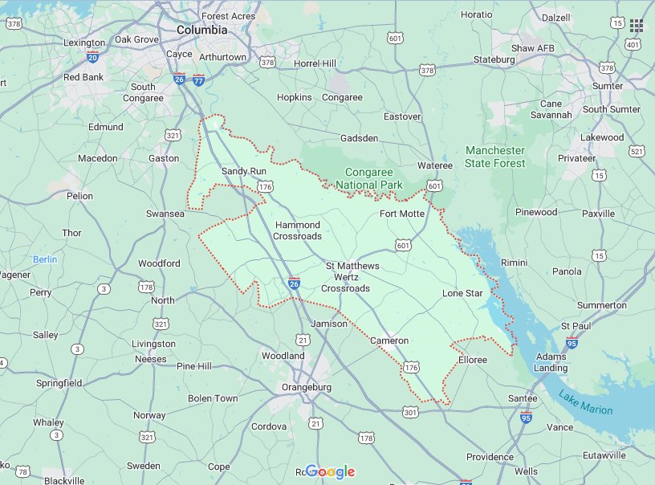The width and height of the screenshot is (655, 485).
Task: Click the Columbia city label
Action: point(201,30)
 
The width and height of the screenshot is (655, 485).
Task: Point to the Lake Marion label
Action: point(586,402)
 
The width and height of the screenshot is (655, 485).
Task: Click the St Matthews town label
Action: point(352,266)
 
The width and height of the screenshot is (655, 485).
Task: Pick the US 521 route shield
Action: point(637,151)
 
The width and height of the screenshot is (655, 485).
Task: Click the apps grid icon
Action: point(637,26)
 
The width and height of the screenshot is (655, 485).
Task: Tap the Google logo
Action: point(330,472)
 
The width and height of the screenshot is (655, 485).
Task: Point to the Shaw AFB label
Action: point(533,48)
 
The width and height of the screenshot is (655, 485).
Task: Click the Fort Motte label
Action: point(402,214)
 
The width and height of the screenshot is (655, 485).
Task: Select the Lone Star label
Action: point(462,293)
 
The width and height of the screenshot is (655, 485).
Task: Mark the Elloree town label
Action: point(472,360)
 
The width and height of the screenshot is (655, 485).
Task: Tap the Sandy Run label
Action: point(243,171)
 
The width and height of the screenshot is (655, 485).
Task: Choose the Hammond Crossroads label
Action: point(297,230)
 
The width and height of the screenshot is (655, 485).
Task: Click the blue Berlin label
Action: point(45,259)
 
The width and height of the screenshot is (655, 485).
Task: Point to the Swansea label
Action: point(165,214)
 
